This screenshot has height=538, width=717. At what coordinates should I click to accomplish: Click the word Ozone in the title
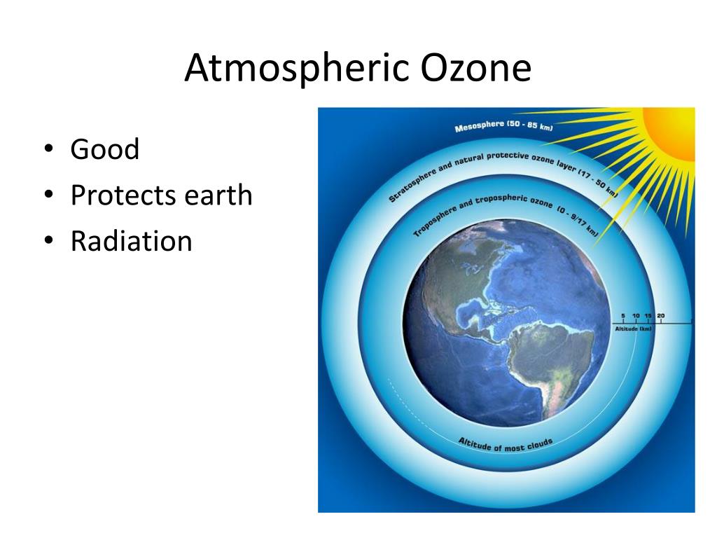[x=475, y=68]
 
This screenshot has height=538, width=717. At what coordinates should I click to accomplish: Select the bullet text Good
[x=105, y=149]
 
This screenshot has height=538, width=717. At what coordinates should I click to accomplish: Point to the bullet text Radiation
[x=131, y=241]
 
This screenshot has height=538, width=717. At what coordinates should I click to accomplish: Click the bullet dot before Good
[x=49, y=149]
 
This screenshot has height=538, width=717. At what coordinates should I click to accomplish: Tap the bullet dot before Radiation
[x=49, y=240]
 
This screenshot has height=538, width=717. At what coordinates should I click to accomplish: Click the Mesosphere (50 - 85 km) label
[x=503, y=126]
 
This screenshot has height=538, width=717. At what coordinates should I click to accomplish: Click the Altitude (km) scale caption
[x=633, y=329]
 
